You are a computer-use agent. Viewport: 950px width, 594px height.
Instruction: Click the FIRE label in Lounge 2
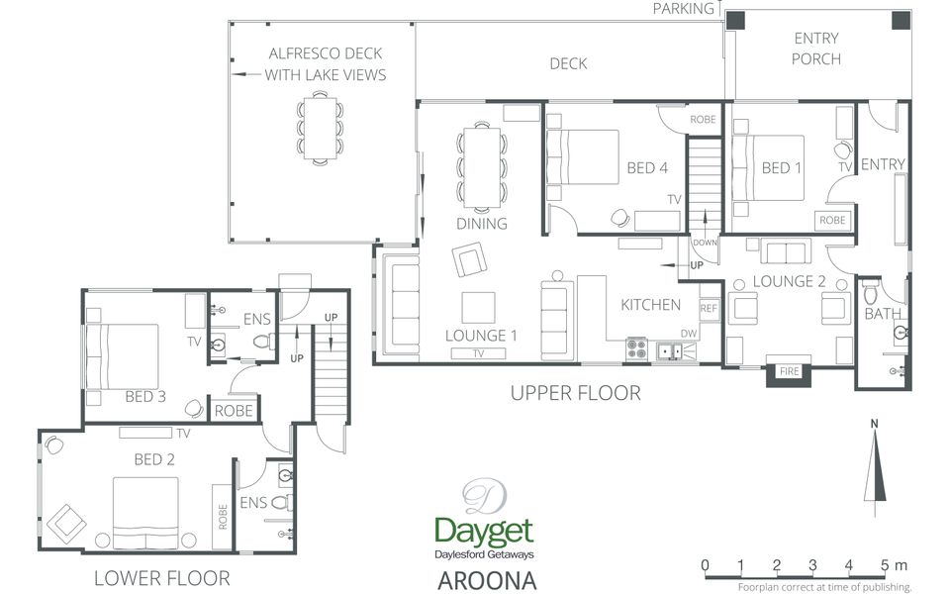[x=789, y=371]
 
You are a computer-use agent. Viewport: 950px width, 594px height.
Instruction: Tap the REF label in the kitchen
[x=709, y=309]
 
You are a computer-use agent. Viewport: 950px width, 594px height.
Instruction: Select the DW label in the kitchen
[x=689, y=334]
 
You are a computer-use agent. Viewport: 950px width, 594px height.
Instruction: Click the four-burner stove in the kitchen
[x=636, y=349]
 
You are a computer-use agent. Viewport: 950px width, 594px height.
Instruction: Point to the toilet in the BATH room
[x=871, y=293]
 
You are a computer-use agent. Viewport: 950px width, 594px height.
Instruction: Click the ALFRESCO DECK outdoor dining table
[x=320, y=128]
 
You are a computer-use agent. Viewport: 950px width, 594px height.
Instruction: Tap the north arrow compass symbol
[x=875, y=466]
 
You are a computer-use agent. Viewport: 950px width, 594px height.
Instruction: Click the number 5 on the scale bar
[x=886, y=565]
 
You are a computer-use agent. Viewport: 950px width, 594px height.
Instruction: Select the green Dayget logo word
[x=484, y=532]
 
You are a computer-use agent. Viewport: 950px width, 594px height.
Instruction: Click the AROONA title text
[x=487, y=580]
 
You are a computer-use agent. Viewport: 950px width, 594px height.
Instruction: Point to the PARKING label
[x=684, y=9]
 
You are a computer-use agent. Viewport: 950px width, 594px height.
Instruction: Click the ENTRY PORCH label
[x=816, y=49]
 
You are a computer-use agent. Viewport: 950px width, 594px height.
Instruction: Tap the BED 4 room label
[x=647, y=168]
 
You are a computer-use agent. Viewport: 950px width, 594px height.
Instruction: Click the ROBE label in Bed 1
[x=832, y=221]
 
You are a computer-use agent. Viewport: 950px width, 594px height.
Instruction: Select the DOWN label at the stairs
[x=705, y=243]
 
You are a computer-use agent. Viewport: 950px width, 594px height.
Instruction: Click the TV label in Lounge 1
[x=478, y=353]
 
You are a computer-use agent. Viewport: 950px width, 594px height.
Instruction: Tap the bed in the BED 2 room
[x=145, y=512]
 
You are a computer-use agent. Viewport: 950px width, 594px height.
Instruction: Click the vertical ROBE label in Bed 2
[x=223, y=517]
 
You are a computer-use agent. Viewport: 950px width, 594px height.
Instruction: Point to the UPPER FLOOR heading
[x=576, y=393]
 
